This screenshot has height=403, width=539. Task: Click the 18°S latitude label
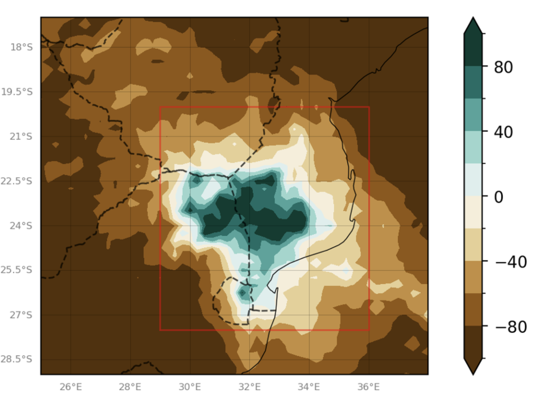point(21,47)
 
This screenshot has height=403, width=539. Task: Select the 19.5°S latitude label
point(17,92)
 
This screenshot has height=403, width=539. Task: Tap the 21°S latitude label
point(21,136)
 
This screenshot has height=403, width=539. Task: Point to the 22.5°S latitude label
point(17,181)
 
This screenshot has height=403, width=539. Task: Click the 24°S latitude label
point(21,226)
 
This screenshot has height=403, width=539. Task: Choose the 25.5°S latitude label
point(17,270)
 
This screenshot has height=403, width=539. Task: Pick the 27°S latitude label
point(21,315)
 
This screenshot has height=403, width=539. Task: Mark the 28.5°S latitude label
point(17,359)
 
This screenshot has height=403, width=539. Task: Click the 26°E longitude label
point(71,387)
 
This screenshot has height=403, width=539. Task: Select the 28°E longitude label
point(130,387)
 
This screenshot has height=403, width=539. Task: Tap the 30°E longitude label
point(190,387)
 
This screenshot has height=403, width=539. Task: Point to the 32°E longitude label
point(249,387)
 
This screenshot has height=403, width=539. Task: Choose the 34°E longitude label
point(309,387)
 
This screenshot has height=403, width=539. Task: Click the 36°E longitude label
point(369,387)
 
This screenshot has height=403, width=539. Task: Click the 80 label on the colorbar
point(503,67)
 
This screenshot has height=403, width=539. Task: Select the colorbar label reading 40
point(503,132)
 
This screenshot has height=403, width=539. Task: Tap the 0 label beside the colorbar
point(498,197)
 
